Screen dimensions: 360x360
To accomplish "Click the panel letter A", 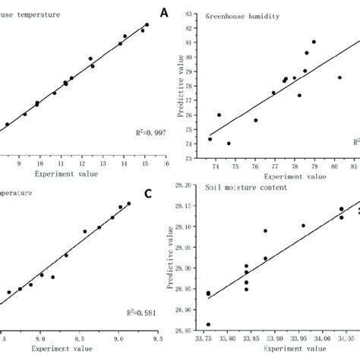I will [163, 13].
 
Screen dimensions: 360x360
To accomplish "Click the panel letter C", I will [148, 194].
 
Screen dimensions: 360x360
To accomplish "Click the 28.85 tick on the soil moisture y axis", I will [192, 331].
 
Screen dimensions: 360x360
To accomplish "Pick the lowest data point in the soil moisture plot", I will [209, 324].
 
